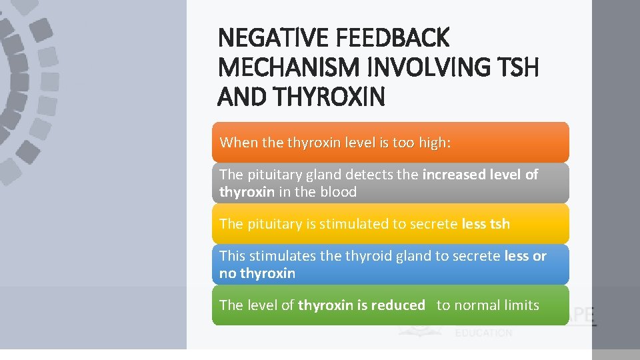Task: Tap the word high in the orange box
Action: point(433,142)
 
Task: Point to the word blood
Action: point(338,192)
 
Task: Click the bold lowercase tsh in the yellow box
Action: point(499,224)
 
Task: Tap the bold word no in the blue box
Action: point(227,273)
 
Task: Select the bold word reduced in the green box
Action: point(397,305)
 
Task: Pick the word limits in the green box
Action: point(523,305)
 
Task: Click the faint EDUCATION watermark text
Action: point(484,333)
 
